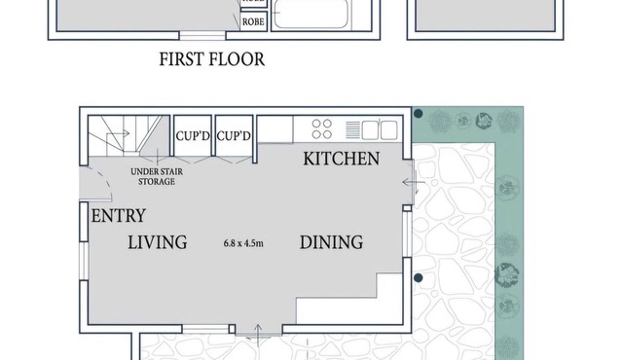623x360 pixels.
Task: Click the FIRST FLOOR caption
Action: click(211, 59)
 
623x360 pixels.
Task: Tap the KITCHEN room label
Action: click(341, 158)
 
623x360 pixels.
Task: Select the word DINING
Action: click(331, 242)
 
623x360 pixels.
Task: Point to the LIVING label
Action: click(157, 242)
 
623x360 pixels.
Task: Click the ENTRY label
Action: click(118, 215)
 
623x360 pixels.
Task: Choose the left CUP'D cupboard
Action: click(192, 135)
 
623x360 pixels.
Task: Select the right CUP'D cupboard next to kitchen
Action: click(234, 135)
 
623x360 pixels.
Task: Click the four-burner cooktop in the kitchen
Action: click(322, 129)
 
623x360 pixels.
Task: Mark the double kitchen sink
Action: click(379, 129)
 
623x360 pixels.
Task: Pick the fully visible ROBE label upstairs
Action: click(253, 19)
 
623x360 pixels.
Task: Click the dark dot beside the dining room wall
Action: click(418, 278)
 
